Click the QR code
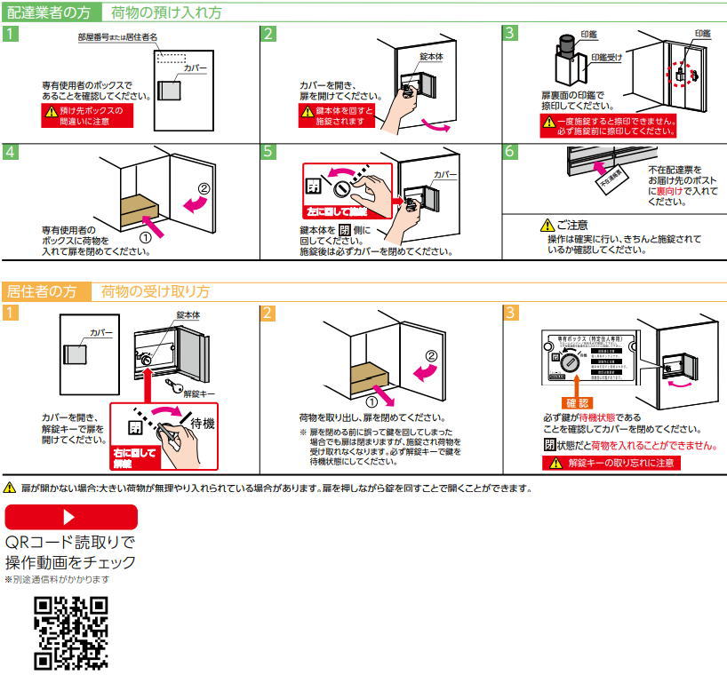click(x=71, y=631)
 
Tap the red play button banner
click(x=71, y=517)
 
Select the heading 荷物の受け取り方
click(x=156, y=291)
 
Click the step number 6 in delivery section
click(x=510, y=151)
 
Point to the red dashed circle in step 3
click(x=680, y=76)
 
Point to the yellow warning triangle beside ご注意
click(x=547, y=226)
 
